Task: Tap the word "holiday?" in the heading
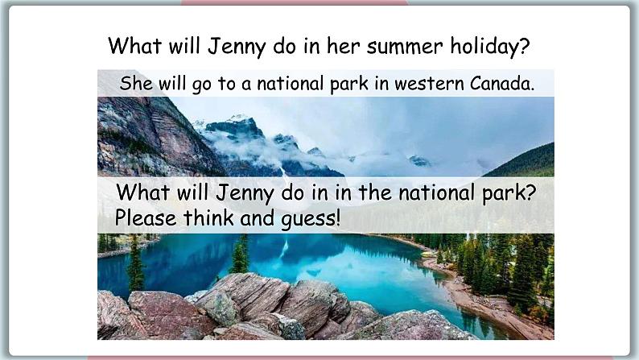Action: pos(490,46)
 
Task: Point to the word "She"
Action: pos(135,84)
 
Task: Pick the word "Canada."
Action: pos(503,84)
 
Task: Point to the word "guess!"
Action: pos(308,218)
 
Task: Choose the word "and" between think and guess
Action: pos(254,217)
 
